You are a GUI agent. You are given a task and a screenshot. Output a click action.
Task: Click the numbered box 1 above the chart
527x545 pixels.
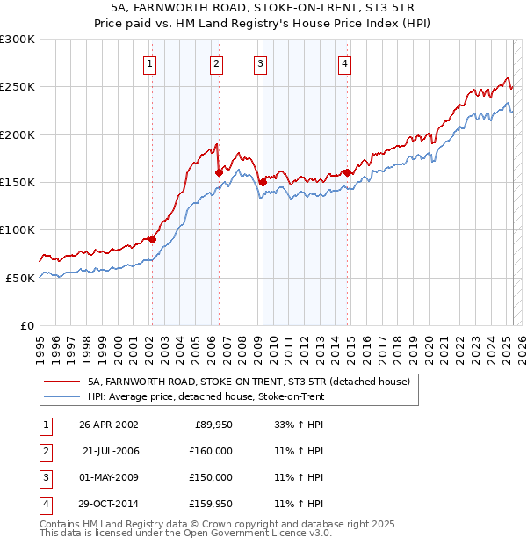tap(150, 63)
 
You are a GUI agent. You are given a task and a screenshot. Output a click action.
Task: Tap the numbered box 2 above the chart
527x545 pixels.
tap(216, 63)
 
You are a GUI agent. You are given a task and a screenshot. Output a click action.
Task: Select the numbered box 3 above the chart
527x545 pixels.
tap(261, 63)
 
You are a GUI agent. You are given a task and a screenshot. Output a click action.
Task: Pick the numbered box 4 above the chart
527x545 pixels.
tap(345, 63)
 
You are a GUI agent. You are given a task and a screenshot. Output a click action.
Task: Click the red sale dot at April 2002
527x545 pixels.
tap(152, 239)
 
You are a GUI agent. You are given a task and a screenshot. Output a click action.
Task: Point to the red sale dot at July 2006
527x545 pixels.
tap(219, 172)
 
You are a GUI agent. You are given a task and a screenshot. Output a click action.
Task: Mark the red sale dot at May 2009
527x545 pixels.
tap(263, 182)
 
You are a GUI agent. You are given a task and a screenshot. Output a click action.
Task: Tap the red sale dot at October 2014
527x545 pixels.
tap(348, 172)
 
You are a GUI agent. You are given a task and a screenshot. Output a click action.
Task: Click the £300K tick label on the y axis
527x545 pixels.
tap(17, 40)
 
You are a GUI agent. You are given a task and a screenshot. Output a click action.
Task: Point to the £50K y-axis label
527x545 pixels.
tap(20, 278)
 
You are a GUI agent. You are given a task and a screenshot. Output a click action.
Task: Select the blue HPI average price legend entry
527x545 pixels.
tap(206, 396)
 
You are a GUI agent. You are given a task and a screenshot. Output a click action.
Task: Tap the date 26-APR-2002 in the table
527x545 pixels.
tap(109, 425)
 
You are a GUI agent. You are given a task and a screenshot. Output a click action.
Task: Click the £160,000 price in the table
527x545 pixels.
tap(212, 451)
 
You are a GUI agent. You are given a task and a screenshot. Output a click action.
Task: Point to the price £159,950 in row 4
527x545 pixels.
tap(212, 504)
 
